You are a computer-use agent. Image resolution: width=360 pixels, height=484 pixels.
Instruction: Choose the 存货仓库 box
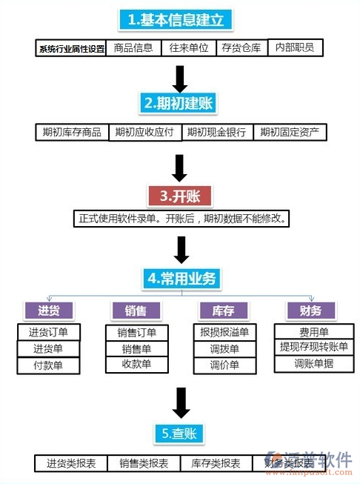241,48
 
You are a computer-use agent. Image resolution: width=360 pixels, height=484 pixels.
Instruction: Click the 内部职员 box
294,48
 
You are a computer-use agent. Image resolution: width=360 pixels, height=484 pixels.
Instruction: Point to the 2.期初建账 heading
179,104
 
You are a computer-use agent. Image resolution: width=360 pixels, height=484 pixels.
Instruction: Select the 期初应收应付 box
144,133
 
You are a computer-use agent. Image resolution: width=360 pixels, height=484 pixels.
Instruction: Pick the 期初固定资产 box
290,133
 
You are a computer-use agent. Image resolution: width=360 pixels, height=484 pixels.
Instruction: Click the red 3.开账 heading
180,196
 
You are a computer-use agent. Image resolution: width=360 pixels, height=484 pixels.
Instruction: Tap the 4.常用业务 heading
180,279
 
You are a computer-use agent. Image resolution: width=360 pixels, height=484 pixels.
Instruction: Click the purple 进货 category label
49,311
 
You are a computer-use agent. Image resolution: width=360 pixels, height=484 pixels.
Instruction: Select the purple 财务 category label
310,311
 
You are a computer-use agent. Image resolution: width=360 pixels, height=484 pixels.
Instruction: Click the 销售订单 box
137,332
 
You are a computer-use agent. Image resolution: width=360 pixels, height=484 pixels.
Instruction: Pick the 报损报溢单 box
224,332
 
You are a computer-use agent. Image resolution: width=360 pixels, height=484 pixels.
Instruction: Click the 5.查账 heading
179,434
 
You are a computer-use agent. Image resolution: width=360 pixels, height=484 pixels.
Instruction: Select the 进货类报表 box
70,464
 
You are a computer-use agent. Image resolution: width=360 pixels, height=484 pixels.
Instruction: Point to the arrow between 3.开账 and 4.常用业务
179,248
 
